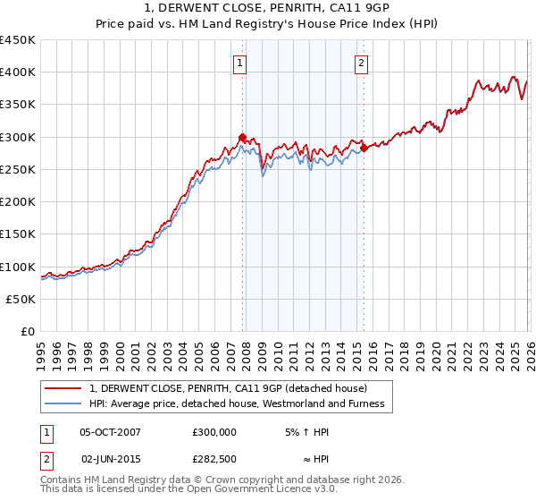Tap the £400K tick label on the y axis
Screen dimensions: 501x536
point(18,72)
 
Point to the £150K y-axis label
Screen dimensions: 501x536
point(18,234)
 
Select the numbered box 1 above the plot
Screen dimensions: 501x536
point(241,63)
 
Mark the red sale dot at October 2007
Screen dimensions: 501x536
point(242,137)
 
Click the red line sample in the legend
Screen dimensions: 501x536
point(64,388)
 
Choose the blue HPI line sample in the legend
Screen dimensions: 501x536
point(64,404)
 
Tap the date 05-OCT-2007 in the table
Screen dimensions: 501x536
point(110,431)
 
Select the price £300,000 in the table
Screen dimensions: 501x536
point(214,431)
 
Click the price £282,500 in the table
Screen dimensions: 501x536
point(214,459)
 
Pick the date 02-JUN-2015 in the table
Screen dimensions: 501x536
point(110,459)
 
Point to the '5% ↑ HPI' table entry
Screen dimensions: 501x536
point(304,431)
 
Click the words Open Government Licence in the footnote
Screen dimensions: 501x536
point(233,489)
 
